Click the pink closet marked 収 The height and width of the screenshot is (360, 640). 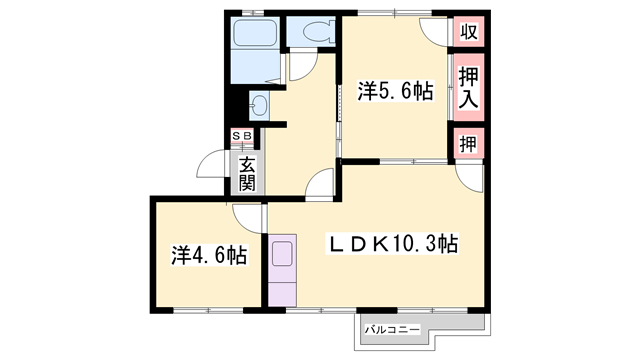click(467, 31)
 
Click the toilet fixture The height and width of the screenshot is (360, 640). click(313, 32)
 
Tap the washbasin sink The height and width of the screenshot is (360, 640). click(260, 104)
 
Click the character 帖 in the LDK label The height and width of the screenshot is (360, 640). click(446, 243)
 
